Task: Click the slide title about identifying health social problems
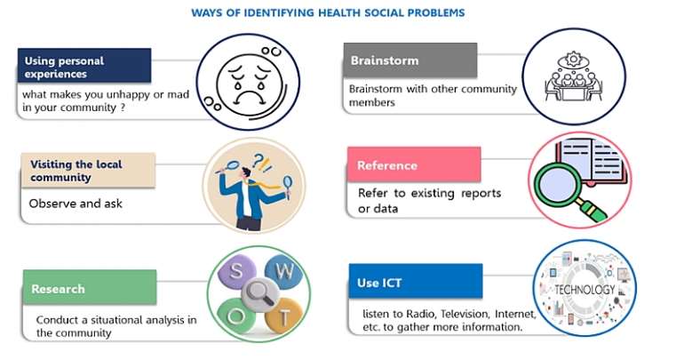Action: pos(328,12)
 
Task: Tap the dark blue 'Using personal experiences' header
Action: pos(84,66)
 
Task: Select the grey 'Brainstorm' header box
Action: pos(410,60)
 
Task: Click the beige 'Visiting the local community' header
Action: pos(88,170)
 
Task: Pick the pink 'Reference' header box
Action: pos(414,164)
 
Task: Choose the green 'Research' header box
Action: pos(90,287)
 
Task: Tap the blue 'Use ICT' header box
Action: pos(416,281)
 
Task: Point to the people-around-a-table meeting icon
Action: pos(574,76)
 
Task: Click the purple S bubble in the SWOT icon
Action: pos(236,271)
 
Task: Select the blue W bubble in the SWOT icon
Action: pos(284,271)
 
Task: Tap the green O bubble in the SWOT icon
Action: pos(236,316)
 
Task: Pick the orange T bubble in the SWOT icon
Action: pos(283,316)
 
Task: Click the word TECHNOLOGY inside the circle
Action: pos(585,290)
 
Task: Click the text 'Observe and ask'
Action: pos(76,204)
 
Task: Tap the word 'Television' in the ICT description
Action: pos(465,314)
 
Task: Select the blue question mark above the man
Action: pos(258,160)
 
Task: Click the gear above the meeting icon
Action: pos(573,59)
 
